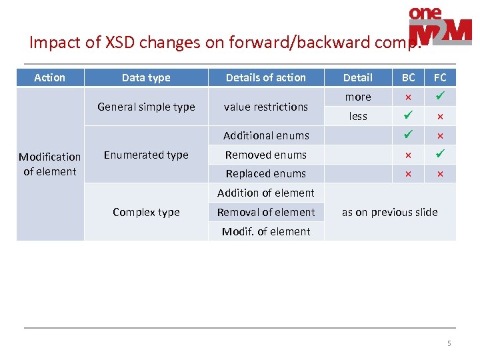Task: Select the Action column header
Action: [50, 77]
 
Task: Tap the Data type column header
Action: [146, 77]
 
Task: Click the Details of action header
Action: [266, 77]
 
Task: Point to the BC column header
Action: [408, 77]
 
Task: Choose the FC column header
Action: [440, 77]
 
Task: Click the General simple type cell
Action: [146, 107]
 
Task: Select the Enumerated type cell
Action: [146, 155]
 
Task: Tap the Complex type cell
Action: [146, 212]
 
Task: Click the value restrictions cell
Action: [266, 107]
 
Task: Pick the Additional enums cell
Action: [266, 135]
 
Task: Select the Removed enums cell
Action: [266, 155]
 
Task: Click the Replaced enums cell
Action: [266, 173]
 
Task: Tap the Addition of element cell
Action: [266, 193]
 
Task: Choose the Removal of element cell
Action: [266, 212]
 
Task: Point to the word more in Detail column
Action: [358, 97]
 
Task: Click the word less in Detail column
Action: [358, 116]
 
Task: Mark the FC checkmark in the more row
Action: [440, 97]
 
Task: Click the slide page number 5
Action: [449, 343]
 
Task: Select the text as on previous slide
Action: [390, 212]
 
